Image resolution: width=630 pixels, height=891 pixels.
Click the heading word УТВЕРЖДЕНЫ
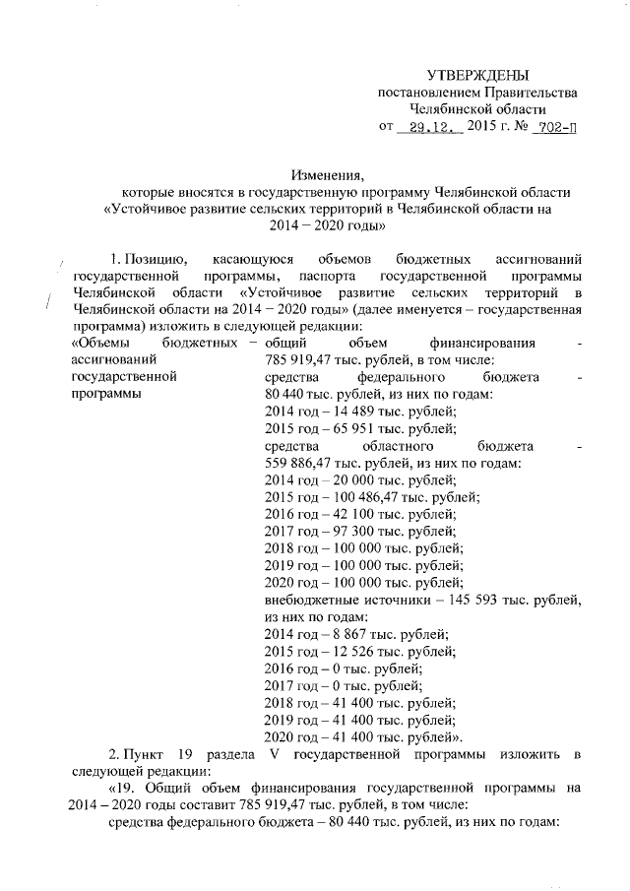(477, 76)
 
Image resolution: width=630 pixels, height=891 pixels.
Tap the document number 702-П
(553, 128)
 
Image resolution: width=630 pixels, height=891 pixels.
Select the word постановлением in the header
(426, 93)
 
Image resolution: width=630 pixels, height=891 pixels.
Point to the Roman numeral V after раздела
(272, 754)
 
